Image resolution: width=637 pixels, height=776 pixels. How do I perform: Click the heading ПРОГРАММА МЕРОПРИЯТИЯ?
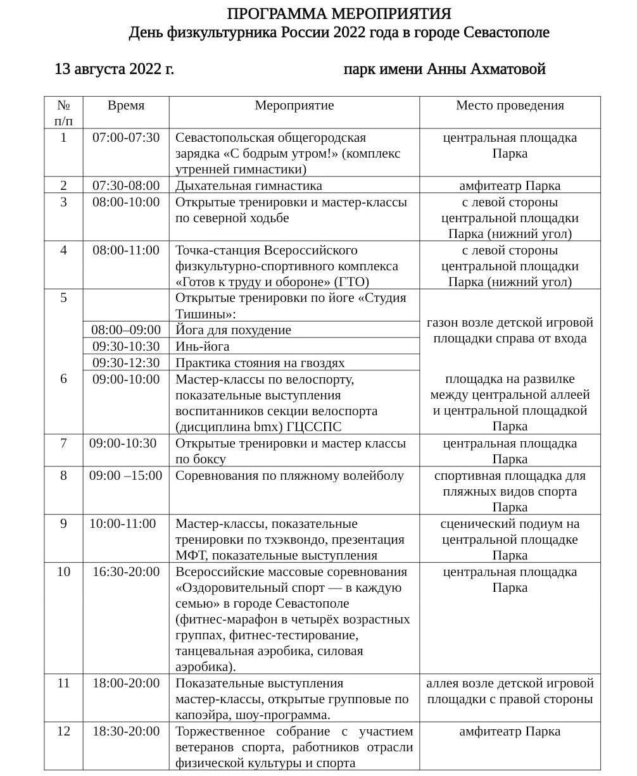point(339,14)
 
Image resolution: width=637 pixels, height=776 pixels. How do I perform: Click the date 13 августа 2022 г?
point(114,69)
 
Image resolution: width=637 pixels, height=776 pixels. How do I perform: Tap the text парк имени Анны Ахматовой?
point(444,69)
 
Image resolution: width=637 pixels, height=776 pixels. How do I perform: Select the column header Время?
point(126,106)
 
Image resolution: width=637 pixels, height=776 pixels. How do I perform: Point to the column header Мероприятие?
point(294,106)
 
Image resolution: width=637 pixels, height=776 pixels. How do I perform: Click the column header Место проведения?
point(510,106)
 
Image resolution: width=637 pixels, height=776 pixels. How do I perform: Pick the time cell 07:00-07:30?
point(126,137)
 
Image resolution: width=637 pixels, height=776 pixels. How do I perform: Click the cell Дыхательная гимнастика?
point(249,185)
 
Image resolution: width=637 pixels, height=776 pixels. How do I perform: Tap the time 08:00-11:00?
point(126,250)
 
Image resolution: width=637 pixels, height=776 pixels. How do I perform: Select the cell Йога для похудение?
point(234,330)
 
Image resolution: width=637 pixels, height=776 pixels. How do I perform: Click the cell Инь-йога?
point(203,346)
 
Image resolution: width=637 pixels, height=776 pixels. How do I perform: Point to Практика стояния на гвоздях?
point(260,363)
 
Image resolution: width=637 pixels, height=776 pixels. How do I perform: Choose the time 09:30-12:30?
point(126,363)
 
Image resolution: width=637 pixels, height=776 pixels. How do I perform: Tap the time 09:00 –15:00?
point(126,475)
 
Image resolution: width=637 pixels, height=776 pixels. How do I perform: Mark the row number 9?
point(63,523)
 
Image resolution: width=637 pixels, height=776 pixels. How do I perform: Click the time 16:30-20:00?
point(126,572)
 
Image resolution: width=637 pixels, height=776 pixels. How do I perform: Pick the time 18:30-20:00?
point(126,731)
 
